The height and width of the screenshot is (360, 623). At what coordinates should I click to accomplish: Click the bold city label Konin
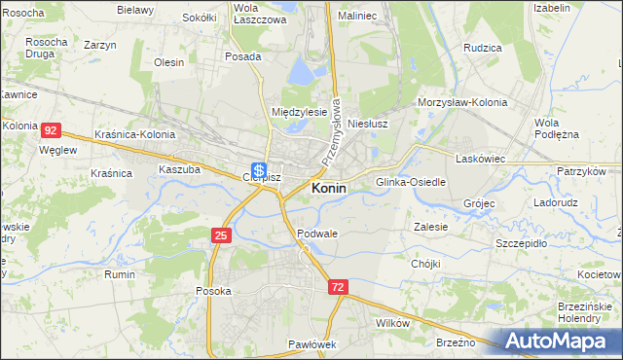(x=329, y=188)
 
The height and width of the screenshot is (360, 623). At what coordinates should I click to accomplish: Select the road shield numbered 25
(x=221, y=235)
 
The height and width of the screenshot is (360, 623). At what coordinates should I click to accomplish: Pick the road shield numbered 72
(x=338, y=287)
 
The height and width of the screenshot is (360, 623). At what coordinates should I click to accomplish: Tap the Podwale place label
(x=317, y=234)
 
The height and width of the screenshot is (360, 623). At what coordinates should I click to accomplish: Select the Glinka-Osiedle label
(x=411, y=182)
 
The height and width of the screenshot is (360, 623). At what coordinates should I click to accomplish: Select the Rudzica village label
(x=483, y=47)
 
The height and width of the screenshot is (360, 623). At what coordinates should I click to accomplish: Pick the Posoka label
(x=213, y=291)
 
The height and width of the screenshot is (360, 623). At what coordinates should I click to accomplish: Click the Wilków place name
(x=392, y=322)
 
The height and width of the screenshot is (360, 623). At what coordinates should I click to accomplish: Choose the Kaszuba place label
(x=179, y=168)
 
